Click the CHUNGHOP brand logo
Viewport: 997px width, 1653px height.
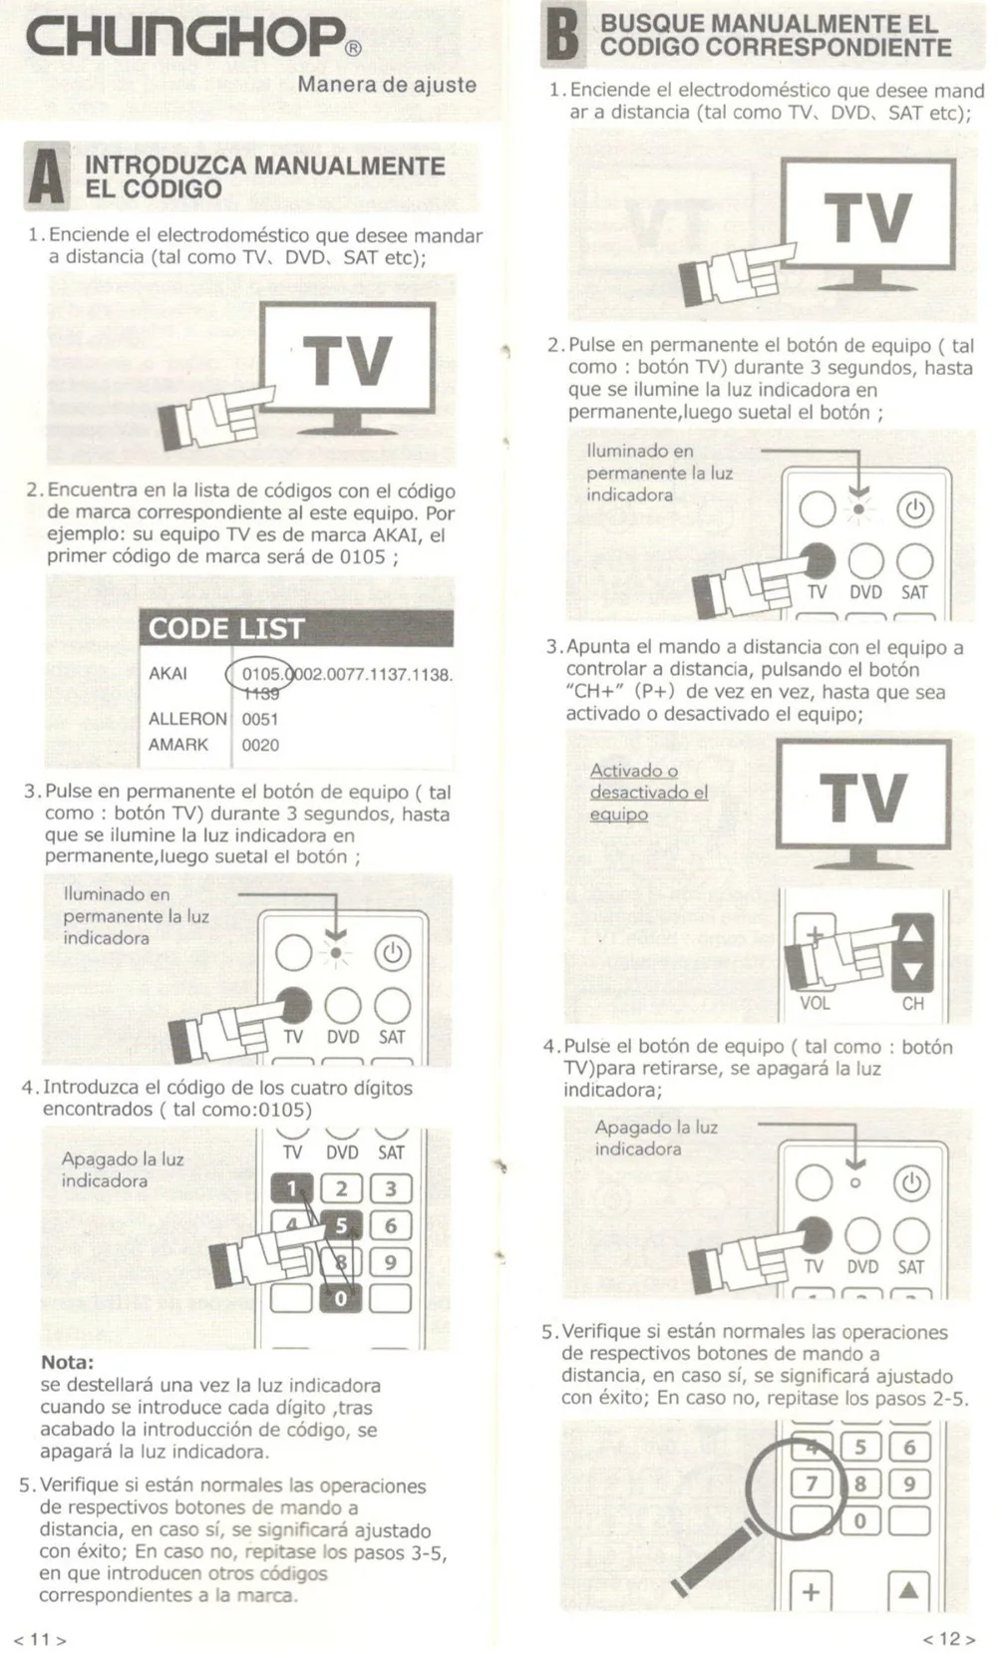tap(184, 37)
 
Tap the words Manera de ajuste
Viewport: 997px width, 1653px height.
tap(387, 85)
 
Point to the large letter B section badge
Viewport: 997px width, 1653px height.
tap(563, 35)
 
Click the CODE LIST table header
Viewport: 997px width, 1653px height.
tap(226, 629)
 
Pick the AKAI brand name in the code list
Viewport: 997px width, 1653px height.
tap(167, 674)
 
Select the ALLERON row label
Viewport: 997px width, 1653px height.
tap(186, 719)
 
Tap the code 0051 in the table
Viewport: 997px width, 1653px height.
tap(260, 719)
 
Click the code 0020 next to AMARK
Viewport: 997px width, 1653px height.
tap(260, 745)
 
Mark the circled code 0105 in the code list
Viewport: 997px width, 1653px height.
tap(261, 674)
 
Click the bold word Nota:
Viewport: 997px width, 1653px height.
tap(67, 1362)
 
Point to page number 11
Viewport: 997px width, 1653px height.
tap(40, 1639)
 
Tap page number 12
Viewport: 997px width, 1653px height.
tap(948, 1639)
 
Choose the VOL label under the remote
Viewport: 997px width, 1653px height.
tap(815, 1003)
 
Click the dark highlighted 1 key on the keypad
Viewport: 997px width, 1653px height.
tap(292, 1188)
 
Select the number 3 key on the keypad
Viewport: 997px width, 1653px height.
tap(391, 1188)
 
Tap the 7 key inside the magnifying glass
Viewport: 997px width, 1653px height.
tap(812, 1484)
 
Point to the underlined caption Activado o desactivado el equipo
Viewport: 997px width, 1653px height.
tap(648, 792)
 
